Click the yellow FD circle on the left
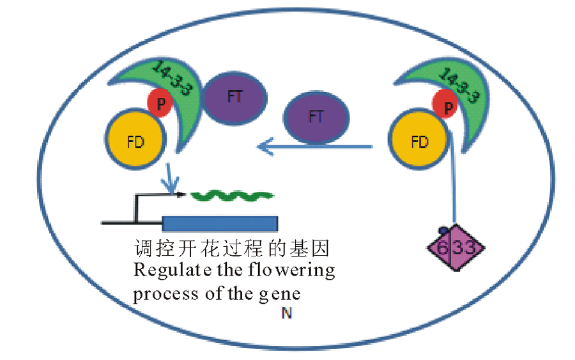coord(135,141)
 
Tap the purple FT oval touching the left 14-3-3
coord(234,97)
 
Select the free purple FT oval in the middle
coord(316,117)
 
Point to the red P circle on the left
coord(159,102)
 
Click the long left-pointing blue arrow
coord(313,148)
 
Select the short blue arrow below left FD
coord(170,178)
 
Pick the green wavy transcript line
coord(233,194)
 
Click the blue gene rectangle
coord(220,223)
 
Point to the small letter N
coord(287,314)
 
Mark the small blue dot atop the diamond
coord(441,230)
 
